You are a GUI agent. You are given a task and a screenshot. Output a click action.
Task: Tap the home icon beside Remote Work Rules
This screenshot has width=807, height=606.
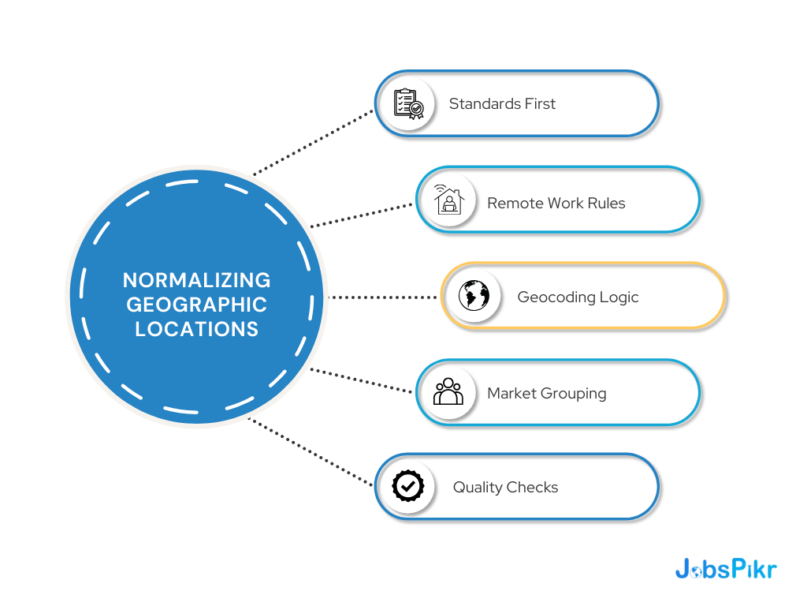pyautogui.click(x=448, y=200)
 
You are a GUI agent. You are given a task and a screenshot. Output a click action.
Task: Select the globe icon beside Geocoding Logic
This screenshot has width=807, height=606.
pyautogui.click(x=474, y=296)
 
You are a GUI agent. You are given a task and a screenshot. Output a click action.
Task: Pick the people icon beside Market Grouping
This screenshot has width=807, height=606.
pyautogui.click(x=448, y=392)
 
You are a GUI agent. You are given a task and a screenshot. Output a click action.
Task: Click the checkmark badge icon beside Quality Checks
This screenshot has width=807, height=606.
pyautogui.click(x=408, y=486)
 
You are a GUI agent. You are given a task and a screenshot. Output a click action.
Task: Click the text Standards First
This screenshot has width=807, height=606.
pyautogui.click(x=502, y=103)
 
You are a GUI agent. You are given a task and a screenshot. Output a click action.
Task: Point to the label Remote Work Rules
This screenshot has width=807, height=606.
pyautogui.click(x=556, y=203)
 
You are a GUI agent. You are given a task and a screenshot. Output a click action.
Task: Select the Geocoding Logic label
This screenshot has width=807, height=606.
pyautogui.click(x=578, y=297)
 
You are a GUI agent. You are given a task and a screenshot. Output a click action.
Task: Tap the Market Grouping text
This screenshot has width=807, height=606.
pyautogui.click(x=546, y=393)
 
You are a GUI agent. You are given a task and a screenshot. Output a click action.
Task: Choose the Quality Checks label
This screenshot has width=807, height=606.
pyautogui.click(x=505, y=487)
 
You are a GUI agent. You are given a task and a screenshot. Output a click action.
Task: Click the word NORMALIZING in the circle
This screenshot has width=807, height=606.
pyautogui.click(x=196, y=280)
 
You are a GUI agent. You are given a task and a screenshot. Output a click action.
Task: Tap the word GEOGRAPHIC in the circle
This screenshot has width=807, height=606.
pyautogui.click(x=196, y=305)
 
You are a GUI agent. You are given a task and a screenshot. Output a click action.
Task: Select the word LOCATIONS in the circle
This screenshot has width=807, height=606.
pyautogui.click(x=196, y=329)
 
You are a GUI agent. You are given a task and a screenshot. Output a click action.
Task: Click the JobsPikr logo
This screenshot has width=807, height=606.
pyautogui.click(x=725, y=569)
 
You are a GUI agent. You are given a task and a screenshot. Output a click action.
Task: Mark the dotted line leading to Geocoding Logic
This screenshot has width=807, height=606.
pyautogui.click(x=382, y=297)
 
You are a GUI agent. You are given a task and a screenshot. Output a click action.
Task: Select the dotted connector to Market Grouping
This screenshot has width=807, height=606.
pyautogui.click(x=363, y=380)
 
